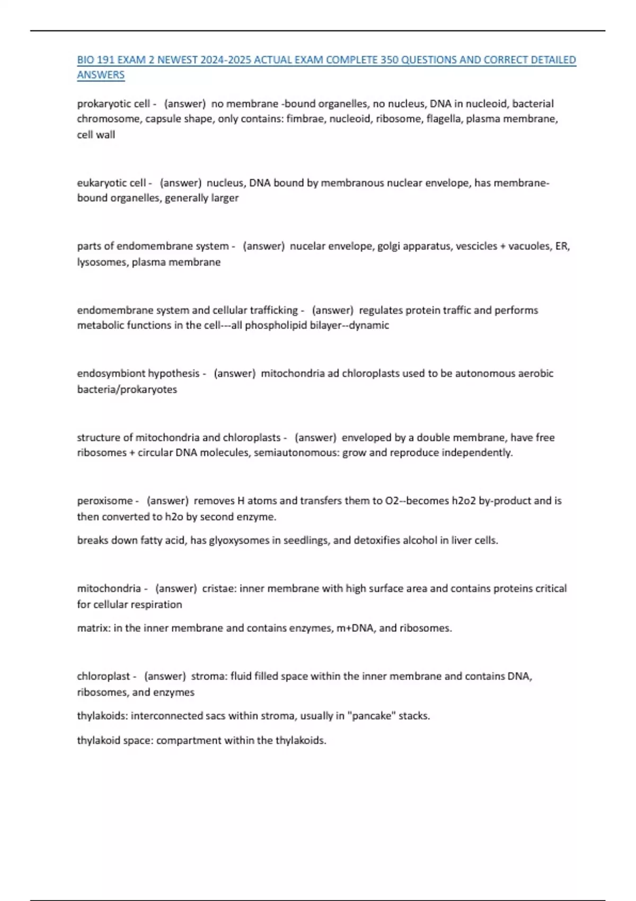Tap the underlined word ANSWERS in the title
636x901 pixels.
point(101,75)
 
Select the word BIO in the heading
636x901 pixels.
point(85,60)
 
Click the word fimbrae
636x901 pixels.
point(305,119)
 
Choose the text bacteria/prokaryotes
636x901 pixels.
point(127,390)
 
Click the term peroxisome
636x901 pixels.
point(104,501)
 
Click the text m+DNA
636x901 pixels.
point(356,628)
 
